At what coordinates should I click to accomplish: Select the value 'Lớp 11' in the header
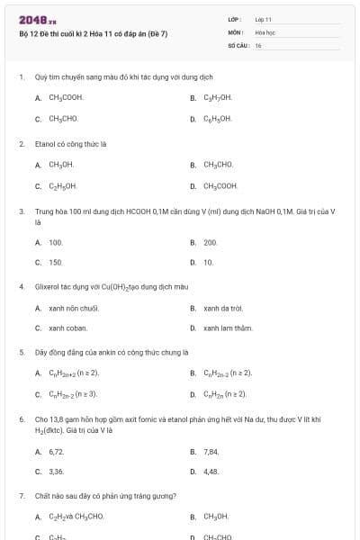(x=263, y=19)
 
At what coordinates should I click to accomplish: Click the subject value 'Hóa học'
(x=265, y=31)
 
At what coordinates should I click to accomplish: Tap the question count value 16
(x=258, y=45)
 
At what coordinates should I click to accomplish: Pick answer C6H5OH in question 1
(x=218, y=118)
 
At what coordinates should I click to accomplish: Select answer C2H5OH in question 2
(x=62, y=186)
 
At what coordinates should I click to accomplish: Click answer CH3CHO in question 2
(x=218, y=165)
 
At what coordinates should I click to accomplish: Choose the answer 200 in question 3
(x=211, y=242)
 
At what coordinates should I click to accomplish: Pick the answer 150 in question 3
(x=56, y=263)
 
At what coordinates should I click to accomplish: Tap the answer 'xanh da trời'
(x=223, y=309)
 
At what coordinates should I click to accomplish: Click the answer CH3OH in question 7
(x=216, y=517)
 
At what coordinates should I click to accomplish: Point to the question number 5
(x=21, y=352)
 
